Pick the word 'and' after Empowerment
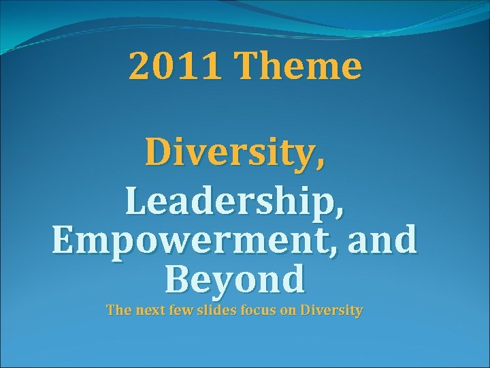384,241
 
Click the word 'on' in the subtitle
286,311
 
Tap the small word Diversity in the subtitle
331,311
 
